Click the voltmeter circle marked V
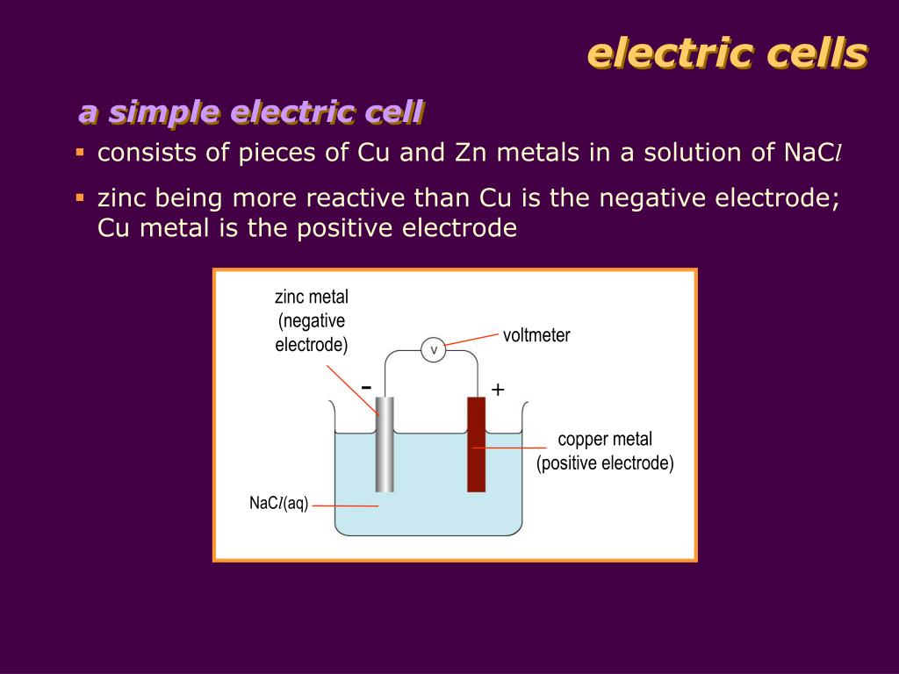click(x=434, y=350)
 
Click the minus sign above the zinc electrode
click(x=366, y=387)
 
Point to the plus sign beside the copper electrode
click(x=498, y=390)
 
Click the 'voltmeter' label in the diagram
click(x=536, y=335)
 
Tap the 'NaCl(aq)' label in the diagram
click(x=278, y=504)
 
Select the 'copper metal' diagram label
click(x=605, y=439)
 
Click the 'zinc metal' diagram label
click(x=312, y=297)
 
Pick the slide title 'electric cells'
click(x=727, y=54)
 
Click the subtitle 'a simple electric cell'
click(x=251, y=112)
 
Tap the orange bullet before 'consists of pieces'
click(x=80, y=153)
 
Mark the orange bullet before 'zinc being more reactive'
click(x=80, y=197)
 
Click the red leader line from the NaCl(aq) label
click(x=344, y=505)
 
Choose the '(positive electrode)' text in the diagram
click(x=605, y=462)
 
